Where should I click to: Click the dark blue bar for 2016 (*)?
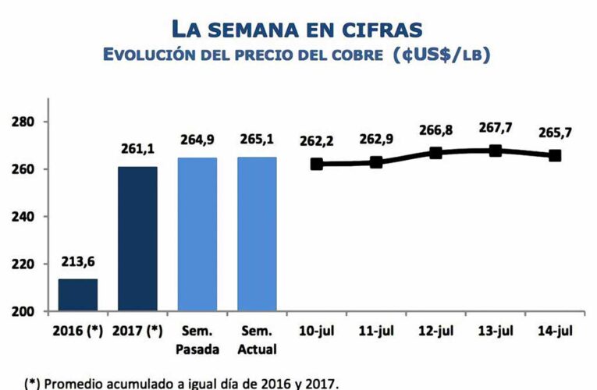click(x=77, y=295)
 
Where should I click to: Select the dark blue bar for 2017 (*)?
click(x=137, y=239)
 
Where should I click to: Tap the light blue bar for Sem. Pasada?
click(x=197, y=234)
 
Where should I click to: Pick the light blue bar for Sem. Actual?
click(x=258, y=234)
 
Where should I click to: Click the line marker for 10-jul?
click(x=317, y=164)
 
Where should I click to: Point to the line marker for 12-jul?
click(x=436, y=153)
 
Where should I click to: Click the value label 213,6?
click(x=77, y=263)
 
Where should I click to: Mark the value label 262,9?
click(x=376, y=140)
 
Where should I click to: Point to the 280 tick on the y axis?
click(x=22, y=122)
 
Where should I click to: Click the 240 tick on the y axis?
click(x=22, y=217)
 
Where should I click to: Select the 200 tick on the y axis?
click(x=22, y=311)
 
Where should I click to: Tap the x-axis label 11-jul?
click(x=376, y=331)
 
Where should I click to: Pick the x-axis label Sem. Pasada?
click(x=197, y=340)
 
